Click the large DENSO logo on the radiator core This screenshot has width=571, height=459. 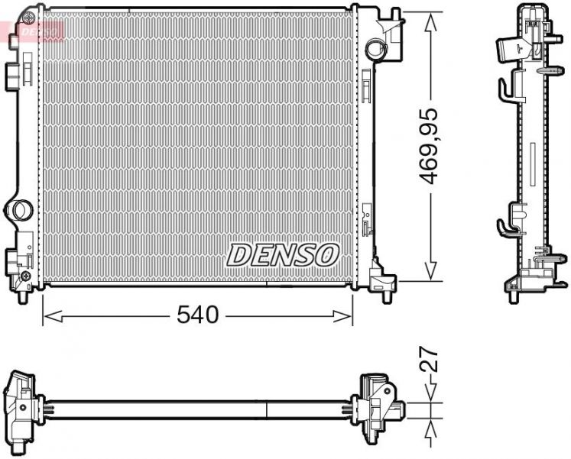(x=283, y=254)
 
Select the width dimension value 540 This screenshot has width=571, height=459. (x=198, y=314)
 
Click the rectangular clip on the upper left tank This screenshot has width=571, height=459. (x=13, y=73)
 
